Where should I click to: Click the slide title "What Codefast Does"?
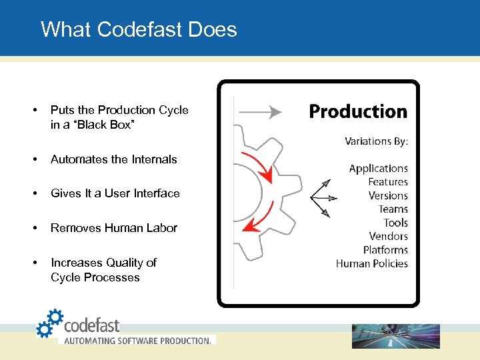click(139, 29)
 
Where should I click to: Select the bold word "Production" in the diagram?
click(358, 111)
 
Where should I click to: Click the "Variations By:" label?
click(376, 141)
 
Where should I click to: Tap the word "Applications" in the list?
click(378, 169)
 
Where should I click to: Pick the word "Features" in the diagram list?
click(387, 182)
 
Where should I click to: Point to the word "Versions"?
click(388, 196)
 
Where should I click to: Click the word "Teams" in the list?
click(393, 209)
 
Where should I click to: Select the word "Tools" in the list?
click(395, 223)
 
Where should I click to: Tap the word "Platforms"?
click(385, 250)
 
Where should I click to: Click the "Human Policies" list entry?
click(371, 263)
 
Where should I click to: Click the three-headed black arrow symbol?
click(323, 197)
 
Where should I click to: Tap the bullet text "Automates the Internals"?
click(114, 159)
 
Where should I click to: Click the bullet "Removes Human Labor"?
click(114, 228)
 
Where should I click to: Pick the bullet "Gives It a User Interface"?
click(115, 193)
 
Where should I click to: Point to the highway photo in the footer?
click(396, 336)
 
